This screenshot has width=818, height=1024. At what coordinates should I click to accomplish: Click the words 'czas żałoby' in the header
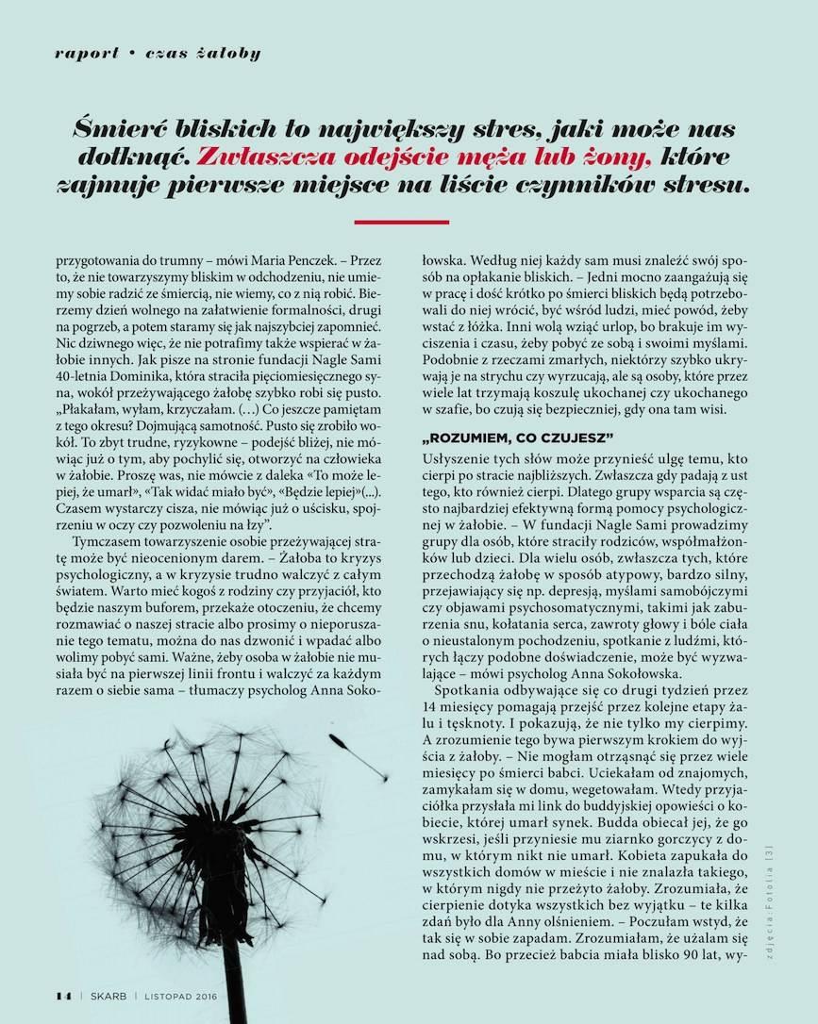pos(203,53)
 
